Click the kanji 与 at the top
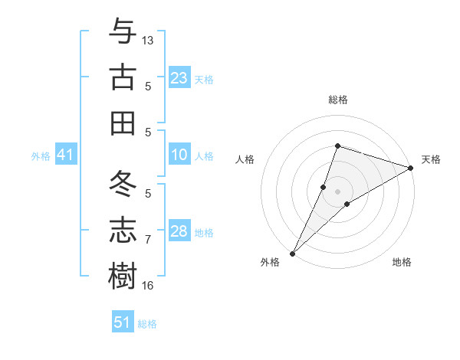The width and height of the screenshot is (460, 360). [123, 32]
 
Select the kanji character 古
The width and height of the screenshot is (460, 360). [123, 77]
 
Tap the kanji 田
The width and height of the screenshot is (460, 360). [123, 123]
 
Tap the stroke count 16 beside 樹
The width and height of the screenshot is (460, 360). [148, 286]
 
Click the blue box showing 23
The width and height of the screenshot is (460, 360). [179, 78]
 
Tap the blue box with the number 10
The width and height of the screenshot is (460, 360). [179, 155]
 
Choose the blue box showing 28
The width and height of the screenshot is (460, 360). [179, 231]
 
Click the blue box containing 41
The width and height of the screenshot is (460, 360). [65, 155]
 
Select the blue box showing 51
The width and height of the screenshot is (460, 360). [122, 322]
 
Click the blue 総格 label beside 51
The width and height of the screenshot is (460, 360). [147, 324]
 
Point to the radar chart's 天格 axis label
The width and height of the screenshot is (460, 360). [431, 159]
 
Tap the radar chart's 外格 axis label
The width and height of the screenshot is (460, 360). [270, 262]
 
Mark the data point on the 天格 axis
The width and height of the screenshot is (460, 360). [411, 168]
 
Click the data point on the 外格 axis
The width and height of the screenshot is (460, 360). [292, 253]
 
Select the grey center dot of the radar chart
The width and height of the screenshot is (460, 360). [337, 191]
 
